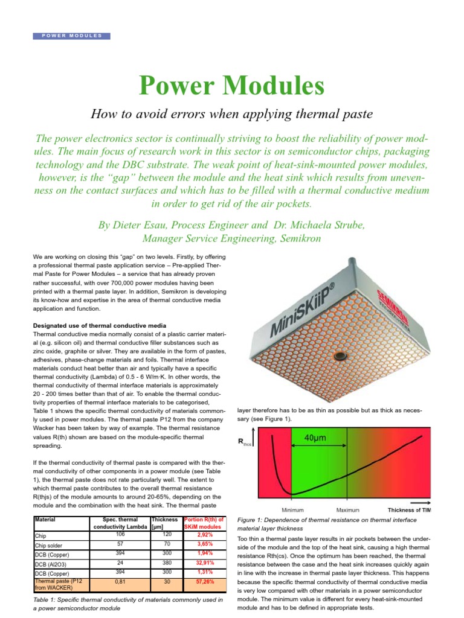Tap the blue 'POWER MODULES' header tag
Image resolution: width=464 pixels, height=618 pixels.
click(72, 36)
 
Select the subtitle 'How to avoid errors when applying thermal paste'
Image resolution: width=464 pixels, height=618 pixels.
click(232, 113)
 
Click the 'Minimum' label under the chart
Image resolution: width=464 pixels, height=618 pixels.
click(292, 509)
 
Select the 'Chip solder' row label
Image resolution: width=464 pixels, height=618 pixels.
click(50, 545)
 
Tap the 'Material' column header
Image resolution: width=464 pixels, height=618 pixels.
click(46, 519)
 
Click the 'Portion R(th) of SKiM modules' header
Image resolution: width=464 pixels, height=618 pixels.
click(205, 522)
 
